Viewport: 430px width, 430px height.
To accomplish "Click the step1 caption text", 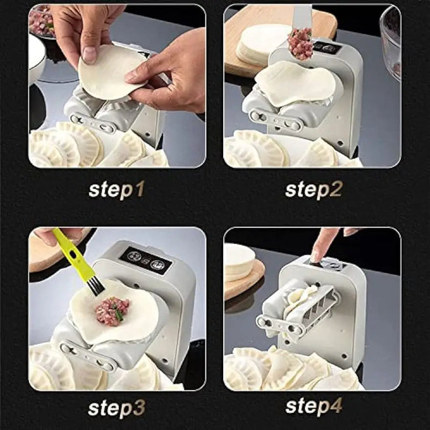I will pos(116,189).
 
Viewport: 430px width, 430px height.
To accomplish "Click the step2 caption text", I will pos(313,189).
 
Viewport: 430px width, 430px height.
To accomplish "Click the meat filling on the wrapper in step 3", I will pos(112,311).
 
